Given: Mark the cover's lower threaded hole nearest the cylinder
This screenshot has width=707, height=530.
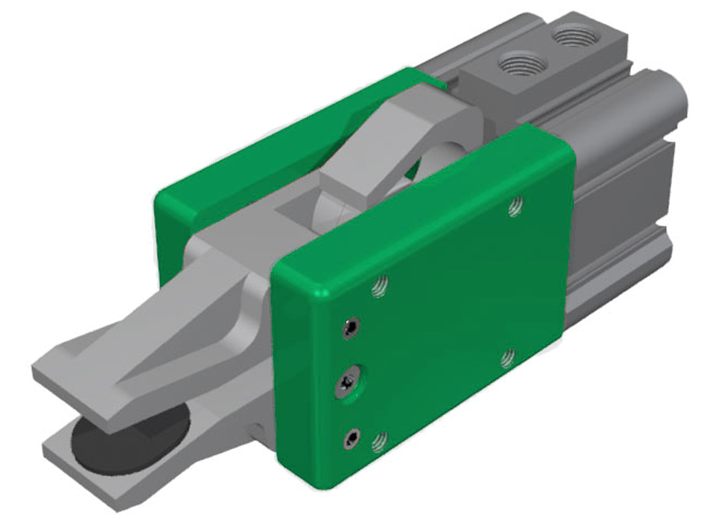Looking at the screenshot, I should (508, 358).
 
